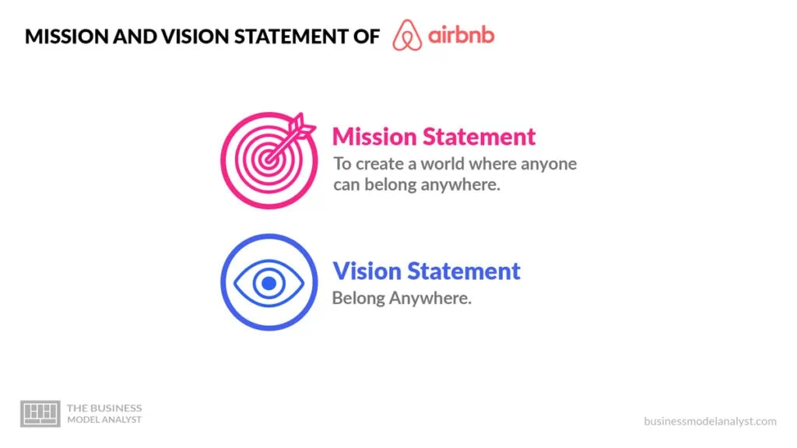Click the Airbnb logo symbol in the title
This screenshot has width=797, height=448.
click(407, 36)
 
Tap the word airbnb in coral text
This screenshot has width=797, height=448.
click(462, 36)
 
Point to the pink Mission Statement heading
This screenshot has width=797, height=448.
click(434, 137)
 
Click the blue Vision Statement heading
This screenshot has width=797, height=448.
click(427, 271)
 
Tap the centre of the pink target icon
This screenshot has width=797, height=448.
click(269, 159)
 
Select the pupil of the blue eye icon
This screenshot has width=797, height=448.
click(269, 283)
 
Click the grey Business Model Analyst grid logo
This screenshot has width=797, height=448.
click(40, 413)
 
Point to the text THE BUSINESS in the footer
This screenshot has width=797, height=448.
click(104, 408)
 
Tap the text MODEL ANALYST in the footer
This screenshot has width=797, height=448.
click(104, 420)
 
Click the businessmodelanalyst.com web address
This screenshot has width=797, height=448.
click(710, 421)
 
